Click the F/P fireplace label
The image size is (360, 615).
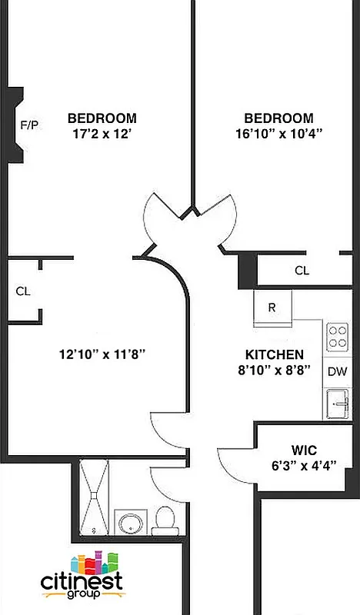coord(28,124)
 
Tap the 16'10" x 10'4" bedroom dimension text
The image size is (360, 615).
coord(278,132)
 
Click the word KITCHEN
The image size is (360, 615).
coord(274,354)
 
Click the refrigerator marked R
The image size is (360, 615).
coord(272,307)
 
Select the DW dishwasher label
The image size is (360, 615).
coord(337,372)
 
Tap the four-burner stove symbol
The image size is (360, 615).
coord(337,336)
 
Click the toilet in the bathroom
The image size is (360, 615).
coord(165,520)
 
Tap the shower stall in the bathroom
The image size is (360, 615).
coord(96,498)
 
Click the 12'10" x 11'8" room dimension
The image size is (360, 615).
coord(102,354)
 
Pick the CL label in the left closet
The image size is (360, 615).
coord(23,291)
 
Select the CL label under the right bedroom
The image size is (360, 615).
coord(302,271)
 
